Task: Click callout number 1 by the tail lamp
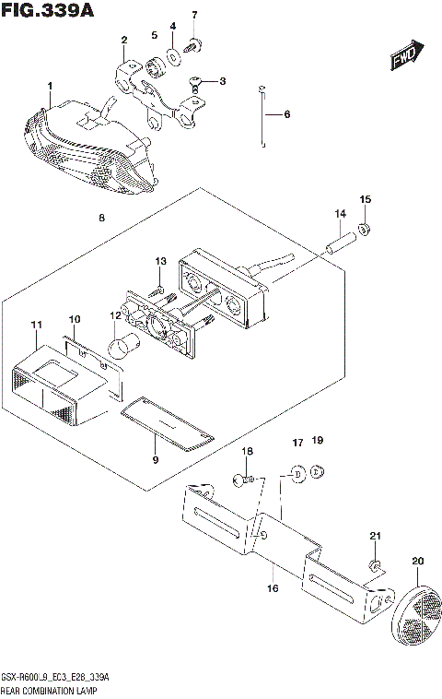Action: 50,87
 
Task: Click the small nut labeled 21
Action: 375,564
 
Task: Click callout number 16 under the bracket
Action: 272,586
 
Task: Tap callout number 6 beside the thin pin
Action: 285,114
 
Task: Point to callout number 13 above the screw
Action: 160,262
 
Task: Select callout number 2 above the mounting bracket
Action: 123,39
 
